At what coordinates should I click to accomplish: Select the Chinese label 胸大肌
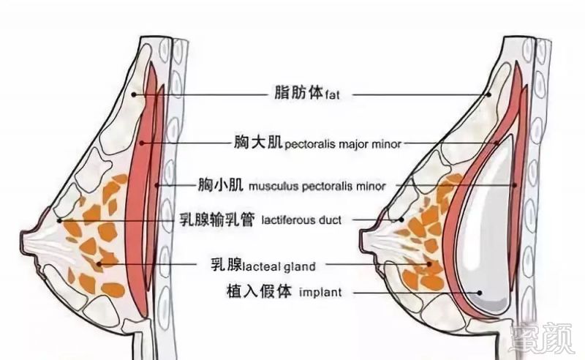(x=257, y=143)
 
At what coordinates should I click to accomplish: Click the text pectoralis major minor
(x=342, y=145)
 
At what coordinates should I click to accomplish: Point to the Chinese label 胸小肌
(x=221, y=184)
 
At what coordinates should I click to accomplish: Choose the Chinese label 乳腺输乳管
(x=216, y=220)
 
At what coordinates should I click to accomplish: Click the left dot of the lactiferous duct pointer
(x=58, y=220)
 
